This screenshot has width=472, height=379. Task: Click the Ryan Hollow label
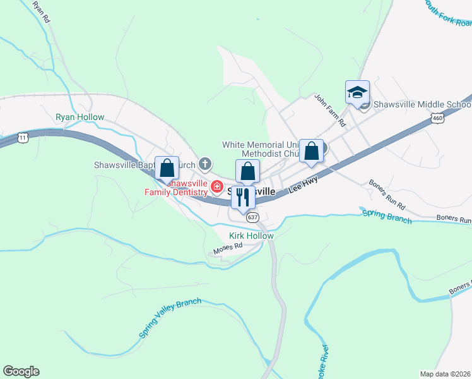point(80,117)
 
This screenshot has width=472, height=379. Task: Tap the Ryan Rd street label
point(41,11)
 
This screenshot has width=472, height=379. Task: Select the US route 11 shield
point(23,136)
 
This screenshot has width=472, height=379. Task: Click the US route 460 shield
point(437,117)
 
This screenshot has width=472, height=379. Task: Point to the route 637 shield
point(252,217)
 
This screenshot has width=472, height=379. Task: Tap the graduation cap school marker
point(357,92)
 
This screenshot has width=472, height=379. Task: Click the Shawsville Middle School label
point(422,104)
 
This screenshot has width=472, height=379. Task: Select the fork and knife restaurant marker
point(243,197)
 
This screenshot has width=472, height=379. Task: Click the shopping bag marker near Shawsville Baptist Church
point(167,169)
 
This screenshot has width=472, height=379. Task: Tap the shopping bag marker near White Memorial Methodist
point(311,151)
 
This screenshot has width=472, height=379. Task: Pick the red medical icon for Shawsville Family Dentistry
point(216,187)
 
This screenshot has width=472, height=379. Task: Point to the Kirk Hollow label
point(251,236)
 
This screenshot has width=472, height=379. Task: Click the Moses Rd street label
point(228,249)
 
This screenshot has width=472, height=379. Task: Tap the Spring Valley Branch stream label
point(170,318)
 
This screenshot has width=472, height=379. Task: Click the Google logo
point(21,371)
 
